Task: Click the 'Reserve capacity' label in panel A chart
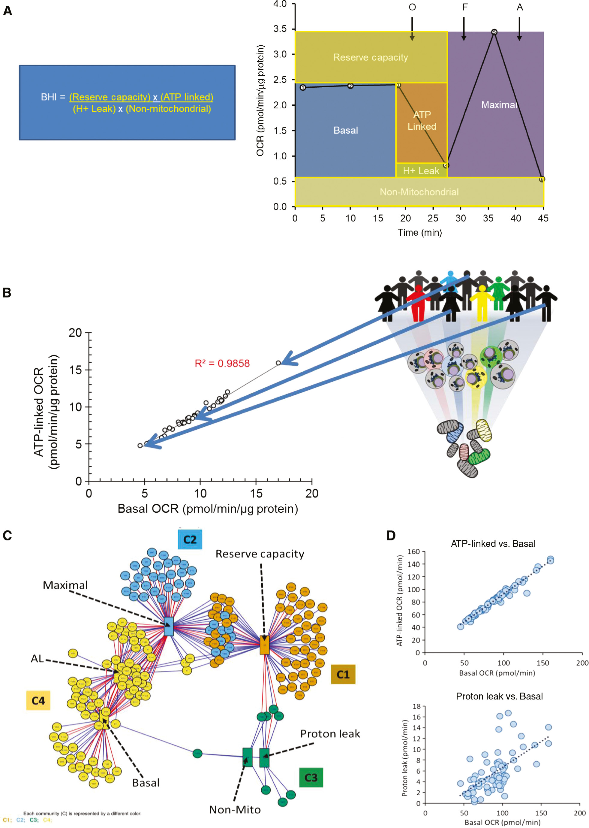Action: pyautogui.click(x=370, y=57)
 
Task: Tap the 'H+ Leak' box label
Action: pyautogui.click(x=421, y=171)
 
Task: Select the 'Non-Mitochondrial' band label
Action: pyautogui.click(x=419, y=192)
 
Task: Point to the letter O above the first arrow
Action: pyautogui.click(x=412, y=7)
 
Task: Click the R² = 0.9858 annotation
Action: pyautogui.click(x=222, y=363)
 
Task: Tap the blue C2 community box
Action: pyautogui.click(x=190, y=539)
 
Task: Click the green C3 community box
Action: pyautogui.click(x=311, y=777)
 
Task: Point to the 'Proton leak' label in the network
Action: pyautogui.click(x=330, y=734)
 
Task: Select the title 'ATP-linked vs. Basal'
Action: pyautogui.click(x=493, y=543)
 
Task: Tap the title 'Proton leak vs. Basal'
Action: pyautogui.click(x=499, y=696)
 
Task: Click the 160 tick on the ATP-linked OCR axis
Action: pyautogui.click(x=413, y=551)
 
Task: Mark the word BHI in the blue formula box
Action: pyautogui.click(x=49, y=97)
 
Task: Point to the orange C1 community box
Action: pyautogui.click(x=343, y=674)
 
